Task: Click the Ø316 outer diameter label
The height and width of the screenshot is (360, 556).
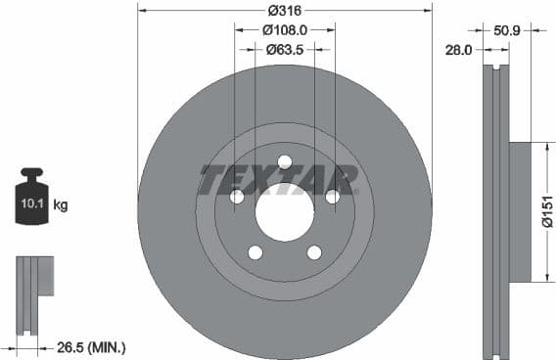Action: tap(284, 11)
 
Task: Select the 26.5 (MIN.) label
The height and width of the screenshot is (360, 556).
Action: tap(94, 347)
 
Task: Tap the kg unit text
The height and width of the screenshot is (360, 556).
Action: tap(61, 205)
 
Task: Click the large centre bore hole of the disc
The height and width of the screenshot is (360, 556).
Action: tap(284, 209)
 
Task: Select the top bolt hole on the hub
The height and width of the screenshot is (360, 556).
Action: tap(284, 161)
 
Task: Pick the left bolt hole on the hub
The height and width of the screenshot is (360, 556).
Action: tap(236, 197)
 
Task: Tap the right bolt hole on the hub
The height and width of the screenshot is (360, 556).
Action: tap(332, 197)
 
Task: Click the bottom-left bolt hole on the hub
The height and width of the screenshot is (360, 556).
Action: tap(255, 252)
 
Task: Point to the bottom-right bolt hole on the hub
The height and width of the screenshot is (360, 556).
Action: tap(313, 252)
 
